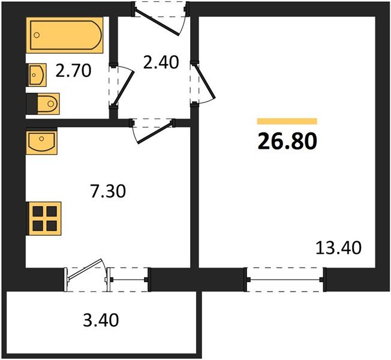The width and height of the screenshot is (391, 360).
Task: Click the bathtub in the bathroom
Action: (65, 35)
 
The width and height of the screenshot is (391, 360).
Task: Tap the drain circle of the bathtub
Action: (37, 35)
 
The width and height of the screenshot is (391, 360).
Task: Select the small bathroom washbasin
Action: (37, 75)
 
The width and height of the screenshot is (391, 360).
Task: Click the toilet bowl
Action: (49, 104)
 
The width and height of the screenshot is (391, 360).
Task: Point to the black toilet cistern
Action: (32, 104)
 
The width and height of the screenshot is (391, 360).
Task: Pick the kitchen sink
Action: (41, 142)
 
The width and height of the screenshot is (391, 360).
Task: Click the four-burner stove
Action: (44, 218)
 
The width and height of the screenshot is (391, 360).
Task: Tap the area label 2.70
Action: (73, 71)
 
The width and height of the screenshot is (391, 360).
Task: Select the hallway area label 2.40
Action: (161, 62)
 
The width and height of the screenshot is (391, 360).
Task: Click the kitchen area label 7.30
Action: (108, 191)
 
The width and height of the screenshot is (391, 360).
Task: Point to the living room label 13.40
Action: (338, 248)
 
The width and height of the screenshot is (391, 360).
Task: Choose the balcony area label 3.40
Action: (101, 320)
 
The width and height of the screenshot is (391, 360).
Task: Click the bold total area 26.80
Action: (287, 141)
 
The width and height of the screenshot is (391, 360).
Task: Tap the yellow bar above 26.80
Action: (287, 121)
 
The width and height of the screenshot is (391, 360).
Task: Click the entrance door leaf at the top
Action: (157, 22)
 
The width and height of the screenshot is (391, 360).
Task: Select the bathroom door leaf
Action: (124, 89)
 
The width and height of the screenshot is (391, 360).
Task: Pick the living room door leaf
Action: (204, 81)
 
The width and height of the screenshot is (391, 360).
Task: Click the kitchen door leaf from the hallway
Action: (155, 132)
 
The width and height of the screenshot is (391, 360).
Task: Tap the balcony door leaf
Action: (85, 269)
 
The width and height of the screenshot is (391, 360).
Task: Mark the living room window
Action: (285, 280)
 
